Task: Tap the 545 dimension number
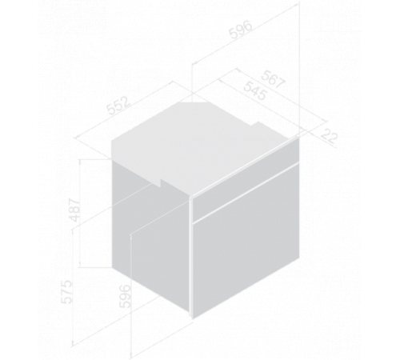[255, 91]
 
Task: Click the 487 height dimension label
[74, 210]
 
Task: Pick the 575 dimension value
[66, 292]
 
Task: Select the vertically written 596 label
[125, 296]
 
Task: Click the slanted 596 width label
[241, 30]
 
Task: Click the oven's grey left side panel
[151, 238]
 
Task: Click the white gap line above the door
[246, 192]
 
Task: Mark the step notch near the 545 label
[258, 123]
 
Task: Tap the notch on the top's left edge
[161, 182]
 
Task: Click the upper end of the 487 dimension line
[81, 160]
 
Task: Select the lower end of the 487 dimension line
[81, 267]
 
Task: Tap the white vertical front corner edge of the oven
[191, 257]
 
